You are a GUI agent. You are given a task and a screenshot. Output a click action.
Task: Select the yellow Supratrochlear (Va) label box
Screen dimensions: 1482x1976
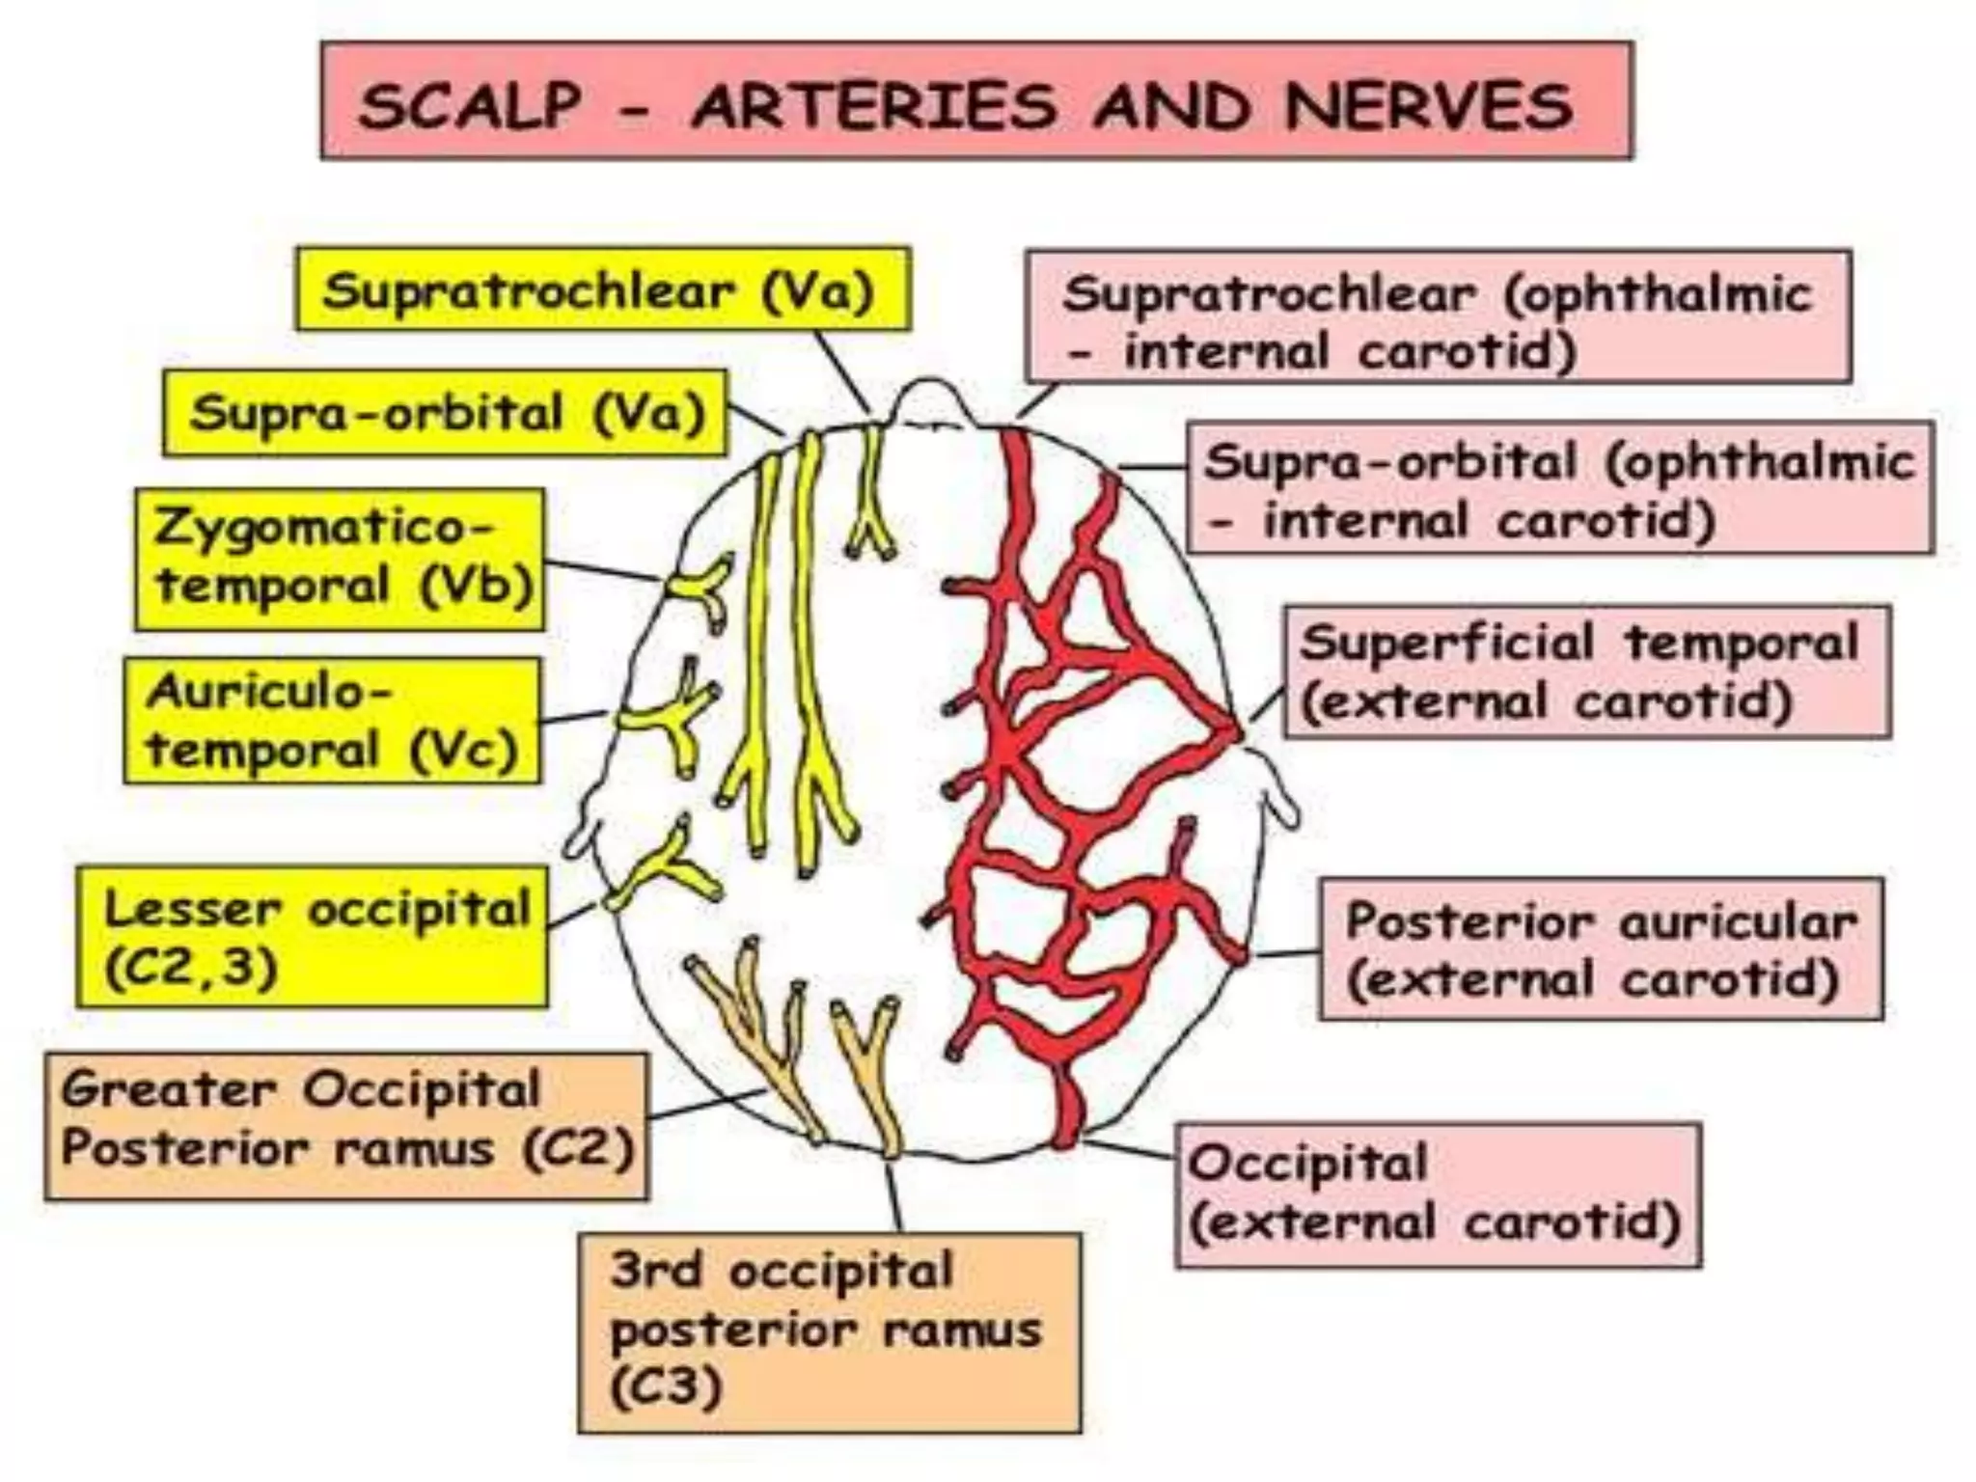coord(603,288)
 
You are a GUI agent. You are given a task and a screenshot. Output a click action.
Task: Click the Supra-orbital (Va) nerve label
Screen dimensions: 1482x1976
coord(445,413)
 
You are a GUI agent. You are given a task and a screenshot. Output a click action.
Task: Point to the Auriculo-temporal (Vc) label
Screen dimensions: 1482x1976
coord(332,720)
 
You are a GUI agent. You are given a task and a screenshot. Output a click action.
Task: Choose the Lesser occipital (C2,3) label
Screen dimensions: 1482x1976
coord(313,937)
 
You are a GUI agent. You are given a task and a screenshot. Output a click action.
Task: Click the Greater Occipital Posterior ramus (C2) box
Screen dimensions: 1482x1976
coord(346,1125)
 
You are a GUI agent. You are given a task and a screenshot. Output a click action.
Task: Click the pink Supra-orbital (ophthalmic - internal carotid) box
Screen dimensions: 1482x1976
coord(1559,488)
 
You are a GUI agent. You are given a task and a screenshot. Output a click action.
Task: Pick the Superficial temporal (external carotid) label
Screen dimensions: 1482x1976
coord(1586,672)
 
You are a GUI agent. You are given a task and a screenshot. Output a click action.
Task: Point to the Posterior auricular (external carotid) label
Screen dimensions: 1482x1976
coord(1600,948)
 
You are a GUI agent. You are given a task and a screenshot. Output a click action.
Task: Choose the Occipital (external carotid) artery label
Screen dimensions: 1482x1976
coord(1438,1194)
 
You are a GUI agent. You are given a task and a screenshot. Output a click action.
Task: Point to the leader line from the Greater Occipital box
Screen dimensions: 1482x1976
coord(707,1105)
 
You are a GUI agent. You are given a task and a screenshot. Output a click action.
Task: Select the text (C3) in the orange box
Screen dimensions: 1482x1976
coord(667,1387)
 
